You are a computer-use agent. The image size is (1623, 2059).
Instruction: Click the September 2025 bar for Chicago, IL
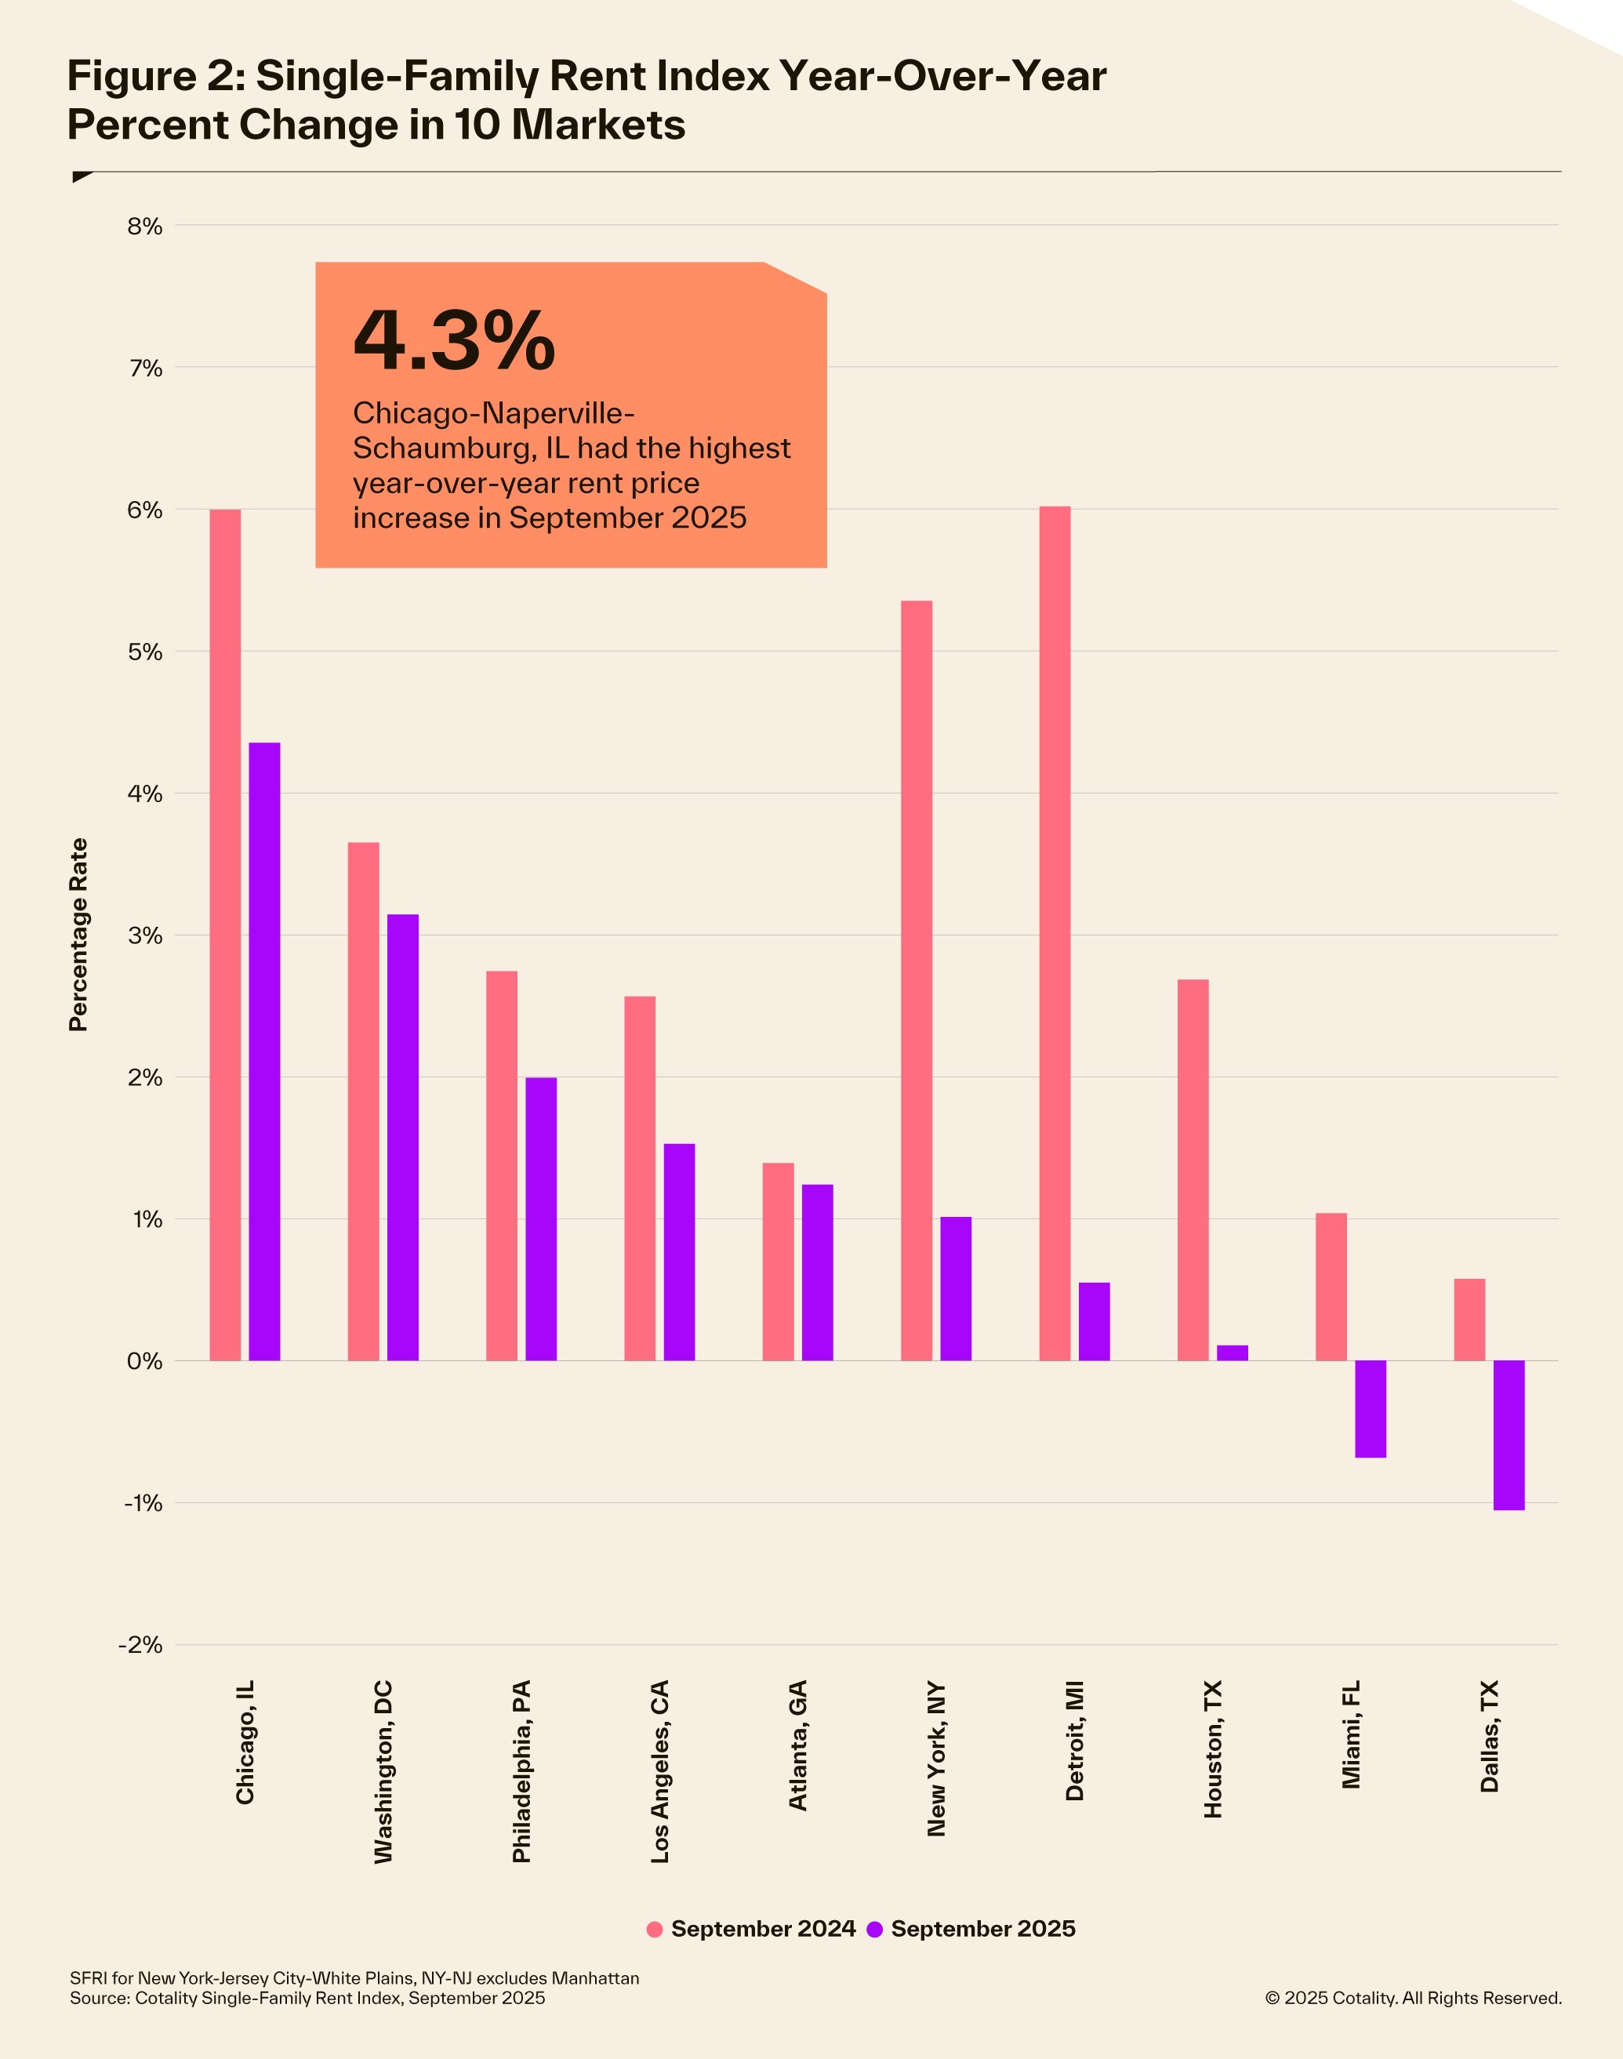coord(264,1051)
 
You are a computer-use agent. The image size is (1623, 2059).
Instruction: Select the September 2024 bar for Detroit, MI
coord(1055,933)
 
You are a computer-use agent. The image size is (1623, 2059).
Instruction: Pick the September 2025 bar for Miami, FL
coord(1371,1408)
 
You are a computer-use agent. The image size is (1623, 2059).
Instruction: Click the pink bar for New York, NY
coord(916,981)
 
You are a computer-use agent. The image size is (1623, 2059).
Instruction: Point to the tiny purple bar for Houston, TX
coord(1233,1353)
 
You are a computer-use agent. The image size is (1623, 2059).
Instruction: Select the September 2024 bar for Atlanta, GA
coord(779,1262)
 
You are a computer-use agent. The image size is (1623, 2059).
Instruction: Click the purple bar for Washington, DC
coord(403,1138)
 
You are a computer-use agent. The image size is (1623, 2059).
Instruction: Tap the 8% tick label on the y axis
coord(145,226)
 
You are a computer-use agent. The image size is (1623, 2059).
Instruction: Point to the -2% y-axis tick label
coord(140,1645)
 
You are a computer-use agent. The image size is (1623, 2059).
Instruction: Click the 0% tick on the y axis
coord(144,1362)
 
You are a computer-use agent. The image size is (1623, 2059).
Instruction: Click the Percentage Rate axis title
coord(78,935)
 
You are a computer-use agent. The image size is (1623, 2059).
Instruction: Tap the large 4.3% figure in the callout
coord(453,340)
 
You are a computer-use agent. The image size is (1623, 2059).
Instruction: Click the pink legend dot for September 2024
coord(654,1929)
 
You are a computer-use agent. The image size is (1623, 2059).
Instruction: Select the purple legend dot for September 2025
coord(875,1929)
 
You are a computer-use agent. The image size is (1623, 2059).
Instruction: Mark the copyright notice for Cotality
coord(1413,1998)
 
